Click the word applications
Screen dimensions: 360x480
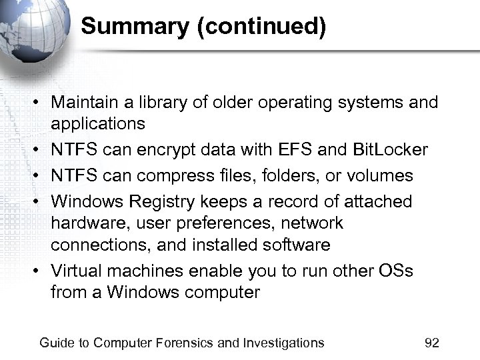(x=98, y=123)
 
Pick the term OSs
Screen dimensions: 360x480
(x=395, y=271)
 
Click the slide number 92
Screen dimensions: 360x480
(x=432, y=343)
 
